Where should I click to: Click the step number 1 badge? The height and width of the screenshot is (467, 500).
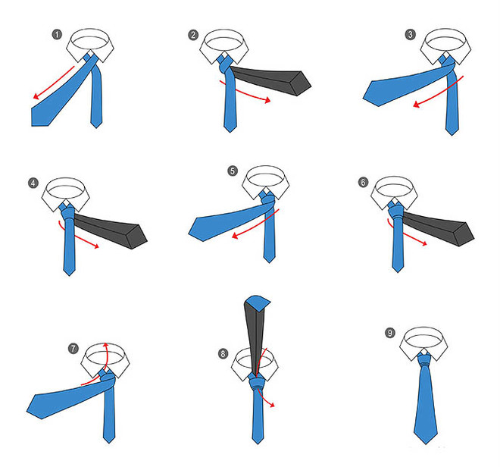(x=57, y=34)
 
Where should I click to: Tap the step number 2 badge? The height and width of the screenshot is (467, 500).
(x=193, y=35)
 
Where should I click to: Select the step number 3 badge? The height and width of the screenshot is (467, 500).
(x=411, y=34)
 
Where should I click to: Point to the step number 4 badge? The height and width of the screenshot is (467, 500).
(x=33, y=183)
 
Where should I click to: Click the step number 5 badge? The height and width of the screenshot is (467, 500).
(x=233, y=171)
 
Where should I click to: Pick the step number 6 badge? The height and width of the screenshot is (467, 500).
(x=363, y=182)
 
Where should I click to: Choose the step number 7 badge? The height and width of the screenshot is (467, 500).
(x=73, y=348)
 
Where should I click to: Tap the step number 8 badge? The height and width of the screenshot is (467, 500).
(x=223, y=353)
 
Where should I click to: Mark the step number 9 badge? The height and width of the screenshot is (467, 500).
(x=390, y=333)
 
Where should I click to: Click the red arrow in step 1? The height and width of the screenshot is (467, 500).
(x=53, y=83)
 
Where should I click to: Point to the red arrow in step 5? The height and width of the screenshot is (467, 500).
(x=257, y=224)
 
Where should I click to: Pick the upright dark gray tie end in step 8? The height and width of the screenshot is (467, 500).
(x=255, y=335)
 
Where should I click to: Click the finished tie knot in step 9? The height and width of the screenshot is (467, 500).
(x=426, y=361)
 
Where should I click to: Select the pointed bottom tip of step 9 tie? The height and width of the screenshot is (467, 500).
(x=426, y=443)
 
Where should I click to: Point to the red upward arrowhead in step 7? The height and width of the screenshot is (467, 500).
(x=106, y=346)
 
